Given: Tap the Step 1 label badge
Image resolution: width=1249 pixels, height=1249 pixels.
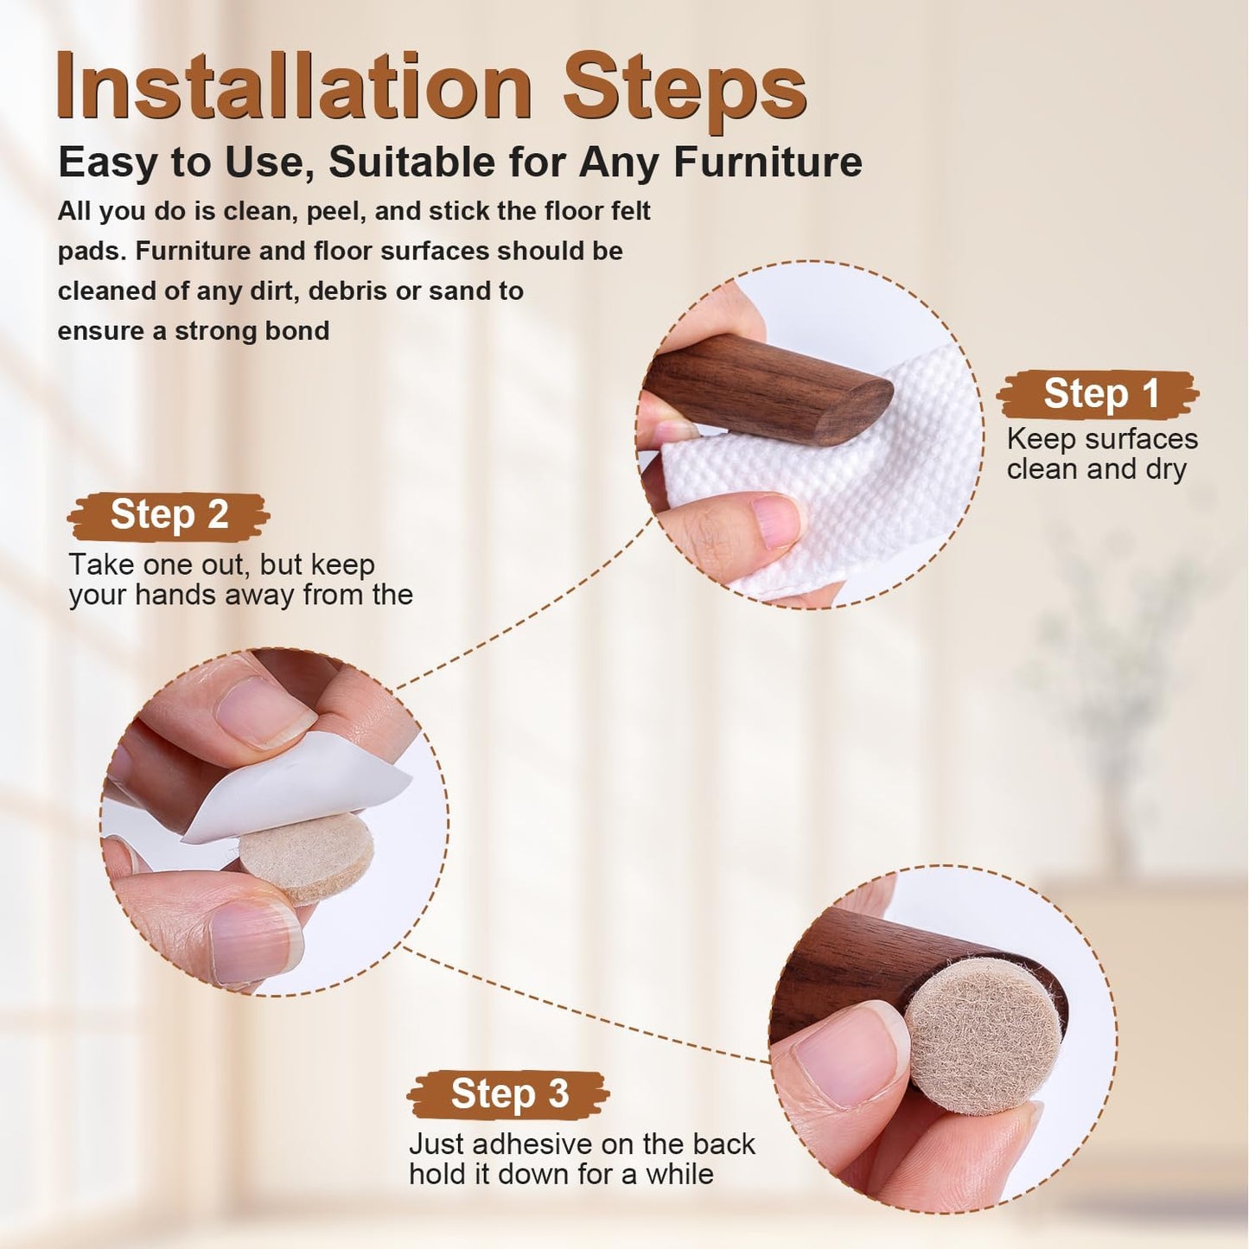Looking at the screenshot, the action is (1098, 394).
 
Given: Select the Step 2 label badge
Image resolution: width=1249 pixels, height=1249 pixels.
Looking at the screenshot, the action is (169, 515).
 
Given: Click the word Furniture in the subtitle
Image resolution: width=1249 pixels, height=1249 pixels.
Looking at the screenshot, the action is (768, 162).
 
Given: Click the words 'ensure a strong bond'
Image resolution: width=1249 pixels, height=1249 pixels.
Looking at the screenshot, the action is (193, 331).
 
